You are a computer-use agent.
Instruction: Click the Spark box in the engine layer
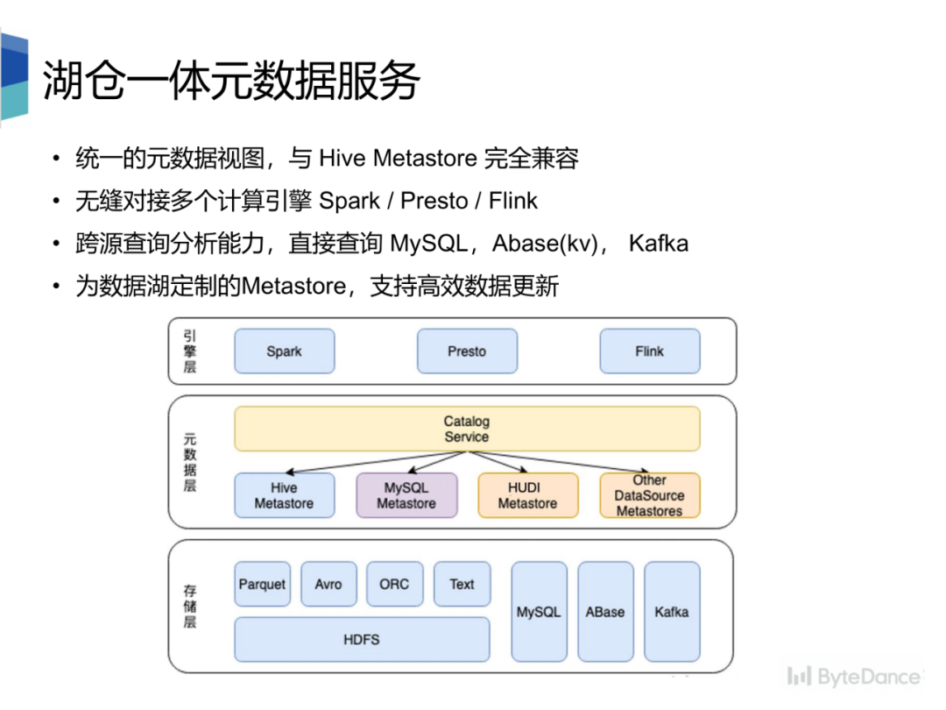(x=284, y=351)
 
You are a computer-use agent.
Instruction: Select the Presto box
(x=467, y=351)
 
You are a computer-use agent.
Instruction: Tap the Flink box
(x=649, y=351)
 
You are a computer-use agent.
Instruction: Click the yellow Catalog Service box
(x=466, y=430)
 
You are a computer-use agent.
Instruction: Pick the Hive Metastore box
(x=284, y=496)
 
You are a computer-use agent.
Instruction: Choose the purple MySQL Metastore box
(x=406, y=496)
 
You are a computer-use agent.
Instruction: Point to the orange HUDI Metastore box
(x=527, y=496)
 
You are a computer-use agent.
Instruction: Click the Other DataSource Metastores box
(x=649, y=496)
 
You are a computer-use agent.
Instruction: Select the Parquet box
(x=262, y=584)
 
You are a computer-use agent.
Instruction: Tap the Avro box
(x=328, y=584)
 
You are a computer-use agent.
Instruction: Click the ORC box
(x=394, y=584)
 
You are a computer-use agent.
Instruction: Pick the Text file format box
(x=462, y=584)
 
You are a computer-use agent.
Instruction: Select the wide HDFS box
(x=362, y=640)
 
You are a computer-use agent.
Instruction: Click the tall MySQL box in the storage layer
(x=538, y=612)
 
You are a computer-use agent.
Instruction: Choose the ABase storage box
(x=605, y=612)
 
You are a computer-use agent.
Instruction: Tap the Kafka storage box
(x=672, y=612)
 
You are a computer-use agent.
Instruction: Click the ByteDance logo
(x=854, y=677)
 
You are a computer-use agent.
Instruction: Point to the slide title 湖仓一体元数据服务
(x=232, y=81)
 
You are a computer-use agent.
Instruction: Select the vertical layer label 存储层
(x=190, y=607)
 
